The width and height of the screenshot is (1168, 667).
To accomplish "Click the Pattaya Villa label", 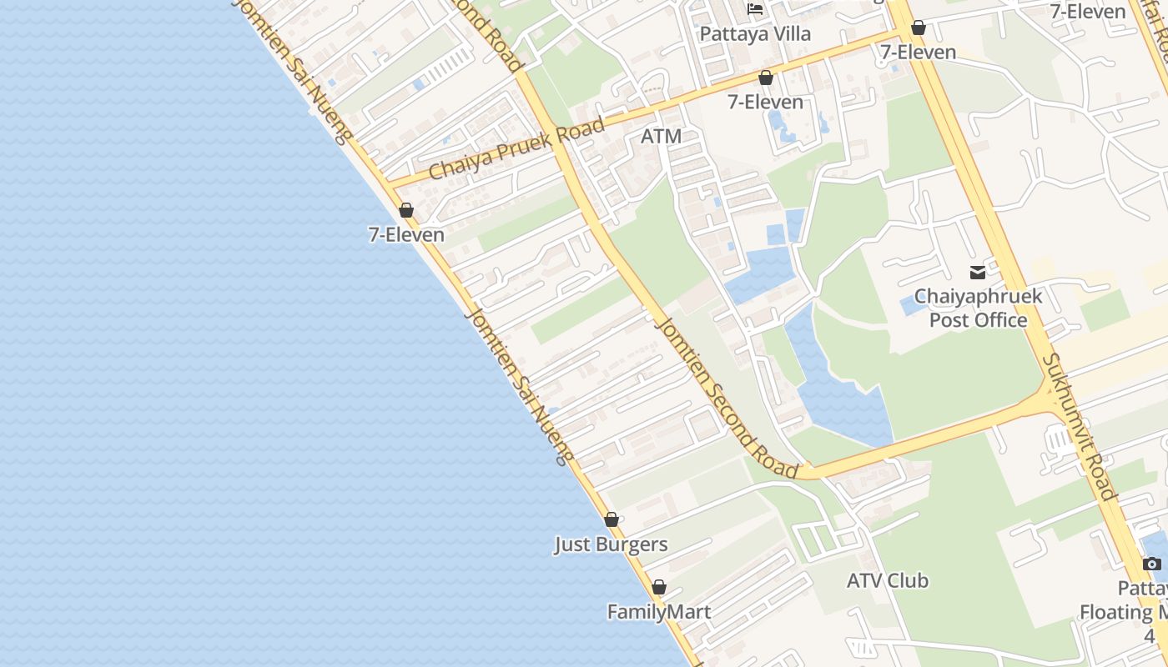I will click(x=754, y=34).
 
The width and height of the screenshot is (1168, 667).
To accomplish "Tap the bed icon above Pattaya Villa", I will click(x=755, y=10).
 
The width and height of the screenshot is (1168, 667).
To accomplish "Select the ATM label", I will click(x=661, y=136).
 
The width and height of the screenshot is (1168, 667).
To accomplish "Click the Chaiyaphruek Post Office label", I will click(x=978, y=308).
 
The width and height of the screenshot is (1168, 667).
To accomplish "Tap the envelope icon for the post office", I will click(x=977, y=272).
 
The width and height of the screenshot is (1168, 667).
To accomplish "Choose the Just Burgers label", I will click(x=611, y=544).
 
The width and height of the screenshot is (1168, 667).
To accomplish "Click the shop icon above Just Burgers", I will click(x=612, y=519).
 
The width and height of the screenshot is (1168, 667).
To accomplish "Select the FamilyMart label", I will click(x=658, y=612).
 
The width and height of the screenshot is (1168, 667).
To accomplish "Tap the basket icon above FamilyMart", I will click(x=659, y=587).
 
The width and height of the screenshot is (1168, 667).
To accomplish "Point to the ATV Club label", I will click(x=887, y=580).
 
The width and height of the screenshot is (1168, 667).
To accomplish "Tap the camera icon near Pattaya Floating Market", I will click(x=1152, y=564).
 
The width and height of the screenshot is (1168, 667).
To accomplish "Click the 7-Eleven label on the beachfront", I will click(x=406, y=235).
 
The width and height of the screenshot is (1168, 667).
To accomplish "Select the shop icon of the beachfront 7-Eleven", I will click(x=406, y=210).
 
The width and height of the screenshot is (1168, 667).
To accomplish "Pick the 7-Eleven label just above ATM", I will click(x=765, y=102).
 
